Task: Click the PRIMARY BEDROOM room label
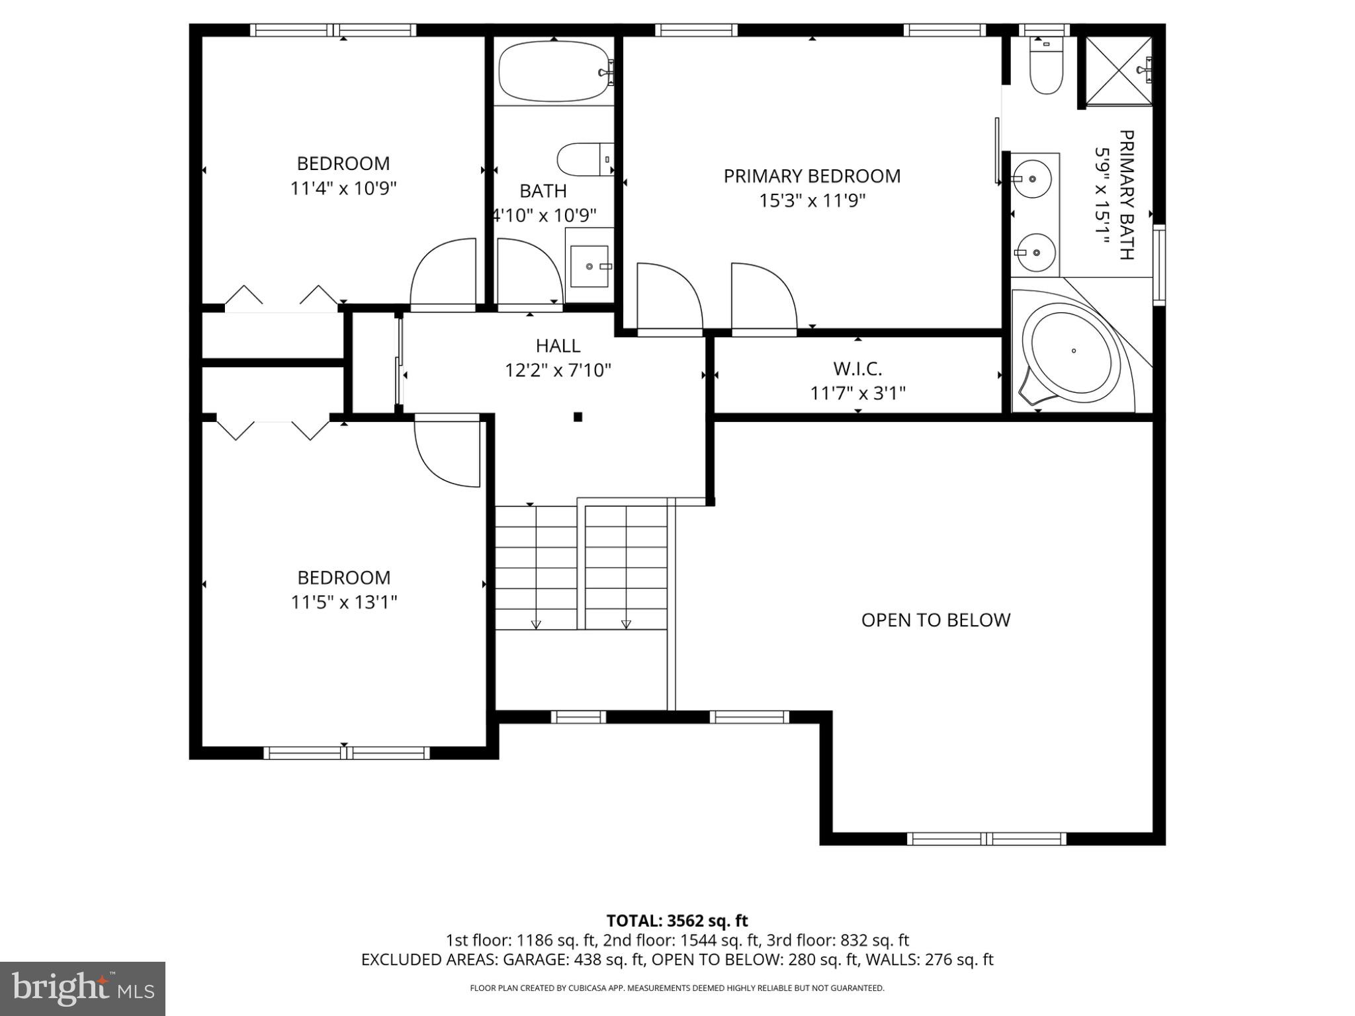tap(812, 176)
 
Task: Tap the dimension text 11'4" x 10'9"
tap(343, 189)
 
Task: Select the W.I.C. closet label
tap(857, 368)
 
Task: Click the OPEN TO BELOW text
tap(936, 620)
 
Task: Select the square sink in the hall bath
tap(589, 266)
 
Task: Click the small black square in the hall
tap(578, 417)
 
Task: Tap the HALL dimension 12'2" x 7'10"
tap(558, 370)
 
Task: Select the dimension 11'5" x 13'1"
tap(343, 603)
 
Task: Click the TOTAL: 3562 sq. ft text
tap(677, 921)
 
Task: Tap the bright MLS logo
tap(83, 988)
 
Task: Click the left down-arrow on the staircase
tap(536, 624)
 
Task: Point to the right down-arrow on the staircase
tap(626, 624)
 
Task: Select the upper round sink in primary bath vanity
tap(1032, 179)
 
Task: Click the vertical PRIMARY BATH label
tap(1125, 195)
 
